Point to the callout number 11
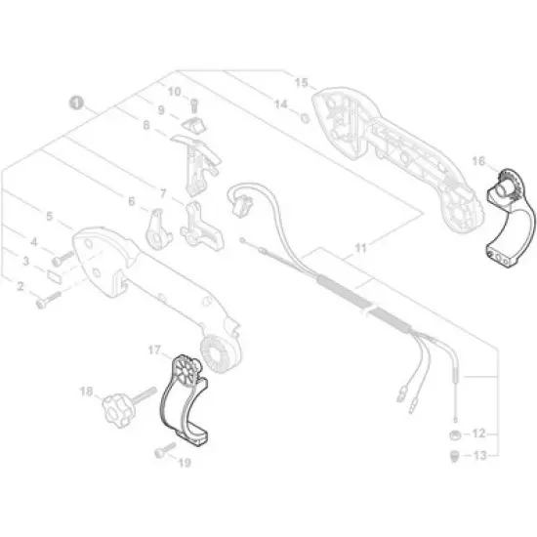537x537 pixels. tap(361, 250)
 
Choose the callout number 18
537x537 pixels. tap(86, 393)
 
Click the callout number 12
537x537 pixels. tap(477, 432)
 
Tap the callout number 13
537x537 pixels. tap(477, 456)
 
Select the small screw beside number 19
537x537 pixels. tap(162, 452)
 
